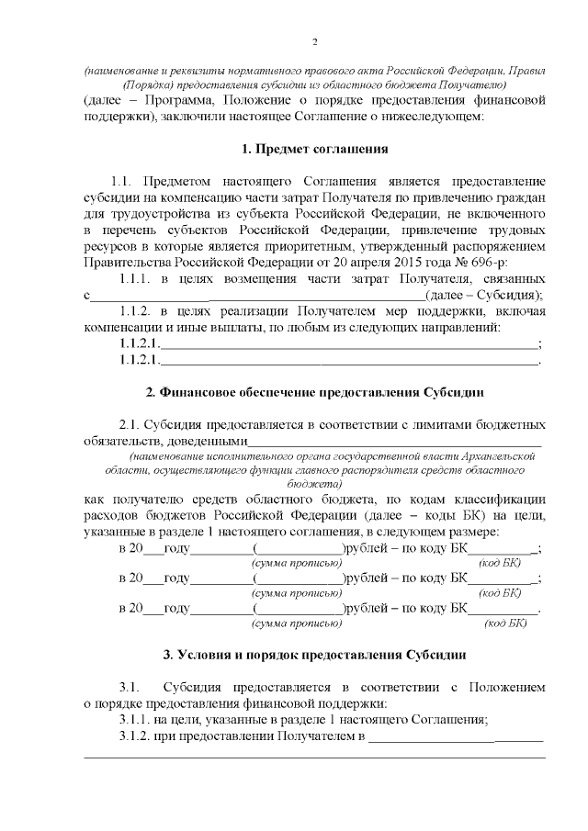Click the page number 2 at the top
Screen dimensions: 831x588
tap(315, 42)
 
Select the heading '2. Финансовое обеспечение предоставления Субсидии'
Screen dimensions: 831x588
tap(315, 393)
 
